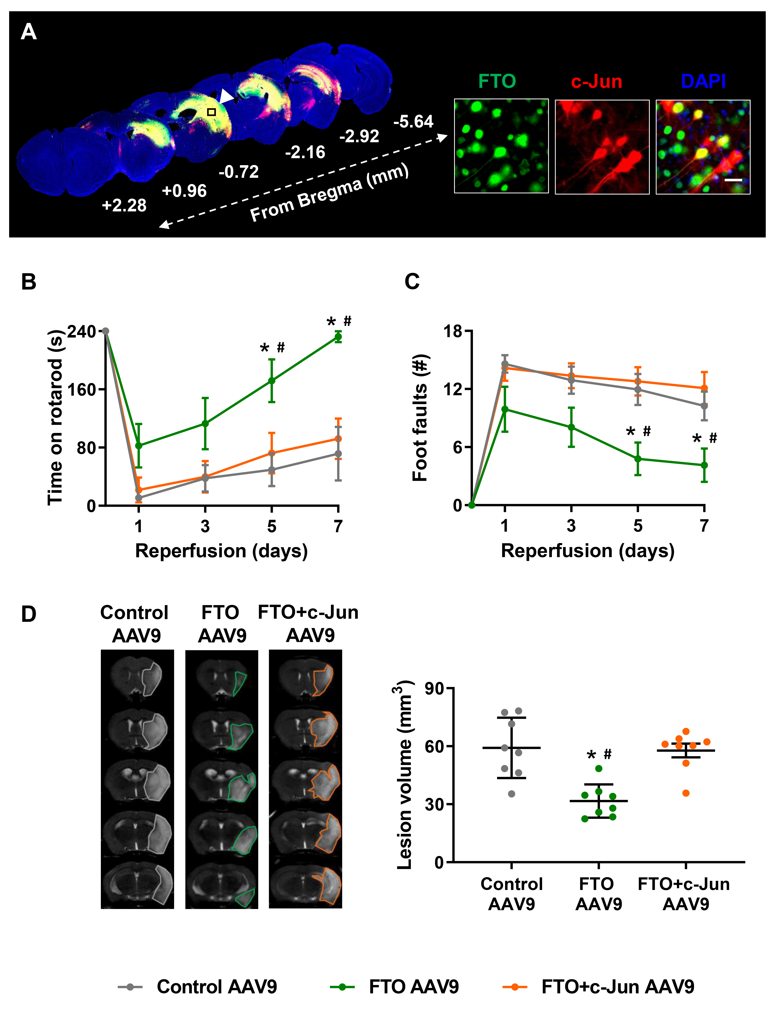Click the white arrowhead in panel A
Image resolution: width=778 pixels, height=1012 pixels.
click(226, 97)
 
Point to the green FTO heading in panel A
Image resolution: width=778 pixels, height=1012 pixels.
click(497, 82)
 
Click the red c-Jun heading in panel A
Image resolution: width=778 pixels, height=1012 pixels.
click(597, 82)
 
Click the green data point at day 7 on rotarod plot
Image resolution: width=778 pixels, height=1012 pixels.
click(338, 337)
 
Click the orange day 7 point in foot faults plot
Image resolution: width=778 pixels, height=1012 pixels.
click(704, 388)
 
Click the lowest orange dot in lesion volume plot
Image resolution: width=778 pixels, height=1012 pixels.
click(686, 793)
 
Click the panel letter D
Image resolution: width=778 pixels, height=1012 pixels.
click(29, 614)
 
